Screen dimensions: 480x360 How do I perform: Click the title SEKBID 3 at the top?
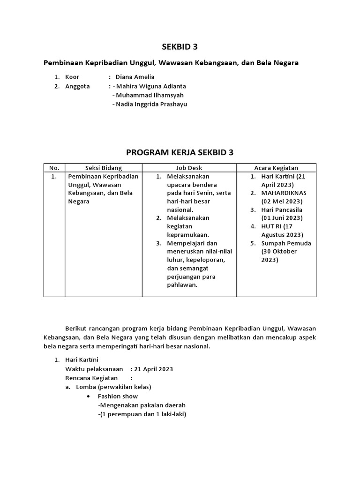pyautogui.click(x=180, y=46)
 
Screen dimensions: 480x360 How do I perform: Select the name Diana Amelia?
pyautogui.click(x=135, y=77)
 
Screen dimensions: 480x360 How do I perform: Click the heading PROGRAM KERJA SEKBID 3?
pyautogui.click(x=180, y=153)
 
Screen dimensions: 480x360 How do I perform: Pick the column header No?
pyautogui.click(x=54, y=168)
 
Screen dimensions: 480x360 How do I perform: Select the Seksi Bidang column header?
pyautogui.click(x=103, y=168)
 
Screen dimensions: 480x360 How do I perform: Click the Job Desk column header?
pyautogui.click(x=189, y=168)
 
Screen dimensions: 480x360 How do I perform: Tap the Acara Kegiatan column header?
pyautogui.click(x=276, y=168)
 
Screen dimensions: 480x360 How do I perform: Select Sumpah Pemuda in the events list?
pyautogui.click(x=286, y=243)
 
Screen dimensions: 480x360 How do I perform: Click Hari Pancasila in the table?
pyautogui.click(x=282, y=210)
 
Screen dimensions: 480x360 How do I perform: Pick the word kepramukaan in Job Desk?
pyautogui.click(x=187, y=235)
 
